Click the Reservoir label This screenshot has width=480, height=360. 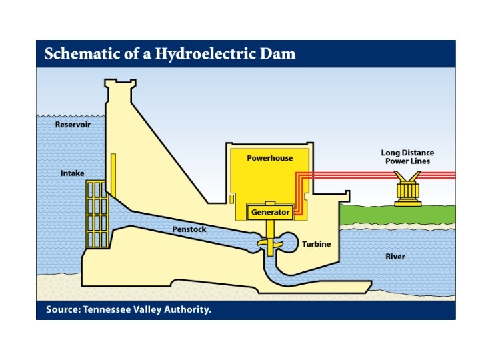[72, 125]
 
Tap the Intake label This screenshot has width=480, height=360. [72, 173]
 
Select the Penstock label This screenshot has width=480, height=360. [189, 229]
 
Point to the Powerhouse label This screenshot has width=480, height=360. [270, 158]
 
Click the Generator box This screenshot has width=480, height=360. [270, 212]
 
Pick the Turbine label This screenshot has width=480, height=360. [316, 245]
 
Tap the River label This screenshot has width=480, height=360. [395, 256]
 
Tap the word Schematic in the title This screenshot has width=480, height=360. [73, 53]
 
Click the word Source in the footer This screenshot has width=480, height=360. [62, 310]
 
